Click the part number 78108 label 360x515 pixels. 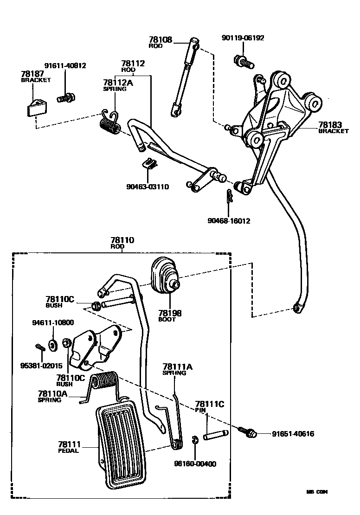[160, 40]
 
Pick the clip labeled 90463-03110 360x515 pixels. [149, 163]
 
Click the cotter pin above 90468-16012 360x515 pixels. [229, 197]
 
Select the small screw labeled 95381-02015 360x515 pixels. [39, 346]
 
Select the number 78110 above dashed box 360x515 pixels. [122, 240]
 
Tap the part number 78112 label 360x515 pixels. [133, 64]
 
